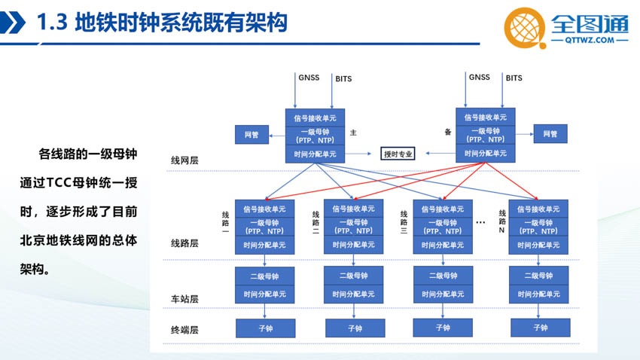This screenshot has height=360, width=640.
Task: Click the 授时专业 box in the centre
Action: (398, 154)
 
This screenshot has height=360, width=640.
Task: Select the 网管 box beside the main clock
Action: (251, 134)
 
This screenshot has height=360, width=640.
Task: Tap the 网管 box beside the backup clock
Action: (550, 133)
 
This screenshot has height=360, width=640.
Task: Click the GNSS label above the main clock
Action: (309, 78)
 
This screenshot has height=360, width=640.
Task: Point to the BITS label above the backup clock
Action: (514, 78)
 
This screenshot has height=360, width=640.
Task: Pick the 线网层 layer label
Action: (184, 160)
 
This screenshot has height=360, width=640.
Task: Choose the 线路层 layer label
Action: (184, 243)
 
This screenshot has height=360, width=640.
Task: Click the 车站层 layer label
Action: (184, 299)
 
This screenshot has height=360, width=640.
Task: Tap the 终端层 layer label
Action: (184, 330)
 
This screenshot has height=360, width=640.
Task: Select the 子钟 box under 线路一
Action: (265, 328)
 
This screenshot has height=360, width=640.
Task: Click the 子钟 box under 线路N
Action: (541, 328)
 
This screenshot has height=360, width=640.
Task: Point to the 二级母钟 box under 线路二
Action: (353, 276)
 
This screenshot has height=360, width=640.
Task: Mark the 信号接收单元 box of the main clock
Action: (315, 118)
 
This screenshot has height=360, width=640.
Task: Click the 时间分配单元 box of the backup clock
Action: (486, 154)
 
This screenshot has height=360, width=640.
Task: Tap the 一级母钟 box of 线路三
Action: (443, 227)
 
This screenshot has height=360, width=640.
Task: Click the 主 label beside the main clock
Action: (353, 133)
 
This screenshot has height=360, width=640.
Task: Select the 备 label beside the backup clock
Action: (448, 132)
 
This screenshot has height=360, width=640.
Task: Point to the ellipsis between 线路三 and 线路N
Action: (481, 222)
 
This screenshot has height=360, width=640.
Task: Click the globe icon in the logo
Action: (525, 28)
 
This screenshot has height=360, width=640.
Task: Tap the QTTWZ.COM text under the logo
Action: (590, 40)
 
